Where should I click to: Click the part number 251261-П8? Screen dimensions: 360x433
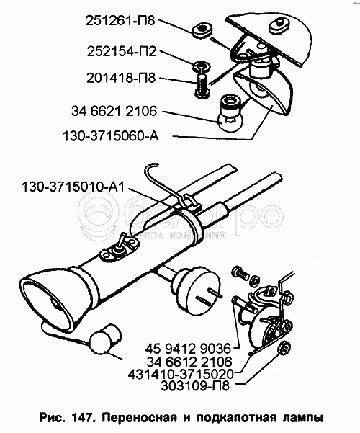(x=121, y=21)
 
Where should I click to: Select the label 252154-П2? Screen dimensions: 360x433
(x=122, y=51)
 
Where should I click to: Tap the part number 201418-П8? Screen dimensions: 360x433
(x=121, y=78)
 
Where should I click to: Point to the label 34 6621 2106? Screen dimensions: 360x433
(x=114, y=111)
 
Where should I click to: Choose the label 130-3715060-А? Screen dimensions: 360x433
(x=111, y=136)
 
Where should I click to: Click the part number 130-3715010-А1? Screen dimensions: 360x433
(x=73, y=187)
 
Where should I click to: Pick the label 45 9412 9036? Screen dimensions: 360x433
(x=188, y=349)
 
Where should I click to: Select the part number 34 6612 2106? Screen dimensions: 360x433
(x=189, y=362)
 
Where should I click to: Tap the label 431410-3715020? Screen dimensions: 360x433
(x=181, y=374)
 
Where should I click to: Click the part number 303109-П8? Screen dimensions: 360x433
(x=195, y=386)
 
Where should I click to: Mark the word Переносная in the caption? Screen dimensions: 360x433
(x=139, y=417)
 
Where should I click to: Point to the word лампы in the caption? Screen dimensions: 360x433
(x=303, y=418)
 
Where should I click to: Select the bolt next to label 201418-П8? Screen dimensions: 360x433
(x=202, y=85)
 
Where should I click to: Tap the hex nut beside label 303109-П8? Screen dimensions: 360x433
(x=284, y=348)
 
